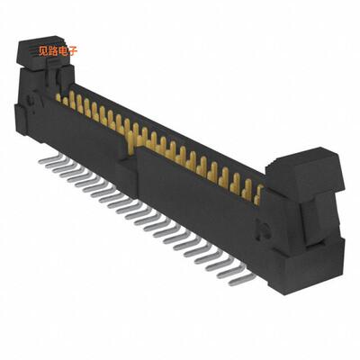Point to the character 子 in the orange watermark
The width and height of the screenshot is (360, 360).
click(x=75, y=50)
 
